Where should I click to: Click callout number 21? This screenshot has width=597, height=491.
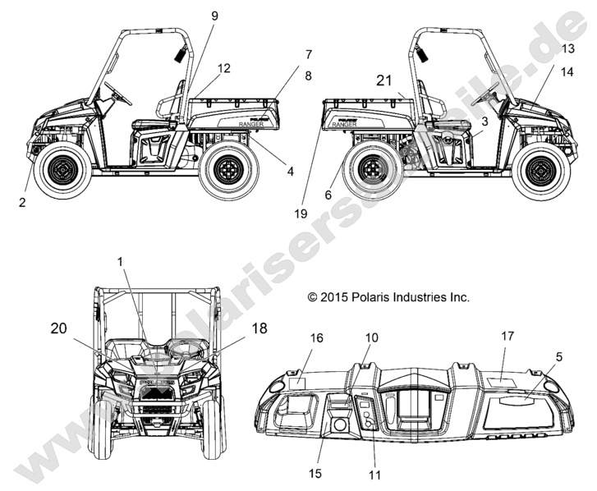(385, 80)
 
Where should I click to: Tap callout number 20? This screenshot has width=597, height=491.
(58, 328)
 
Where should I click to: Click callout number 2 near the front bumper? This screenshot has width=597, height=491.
(22, 200)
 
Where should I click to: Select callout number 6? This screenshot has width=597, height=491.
(329, 195)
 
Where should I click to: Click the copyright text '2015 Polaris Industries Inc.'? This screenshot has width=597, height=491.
(388, 297)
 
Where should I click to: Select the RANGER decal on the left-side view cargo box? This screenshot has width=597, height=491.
(251, 123)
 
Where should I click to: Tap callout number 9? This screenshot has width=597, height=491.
(214, 16)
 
